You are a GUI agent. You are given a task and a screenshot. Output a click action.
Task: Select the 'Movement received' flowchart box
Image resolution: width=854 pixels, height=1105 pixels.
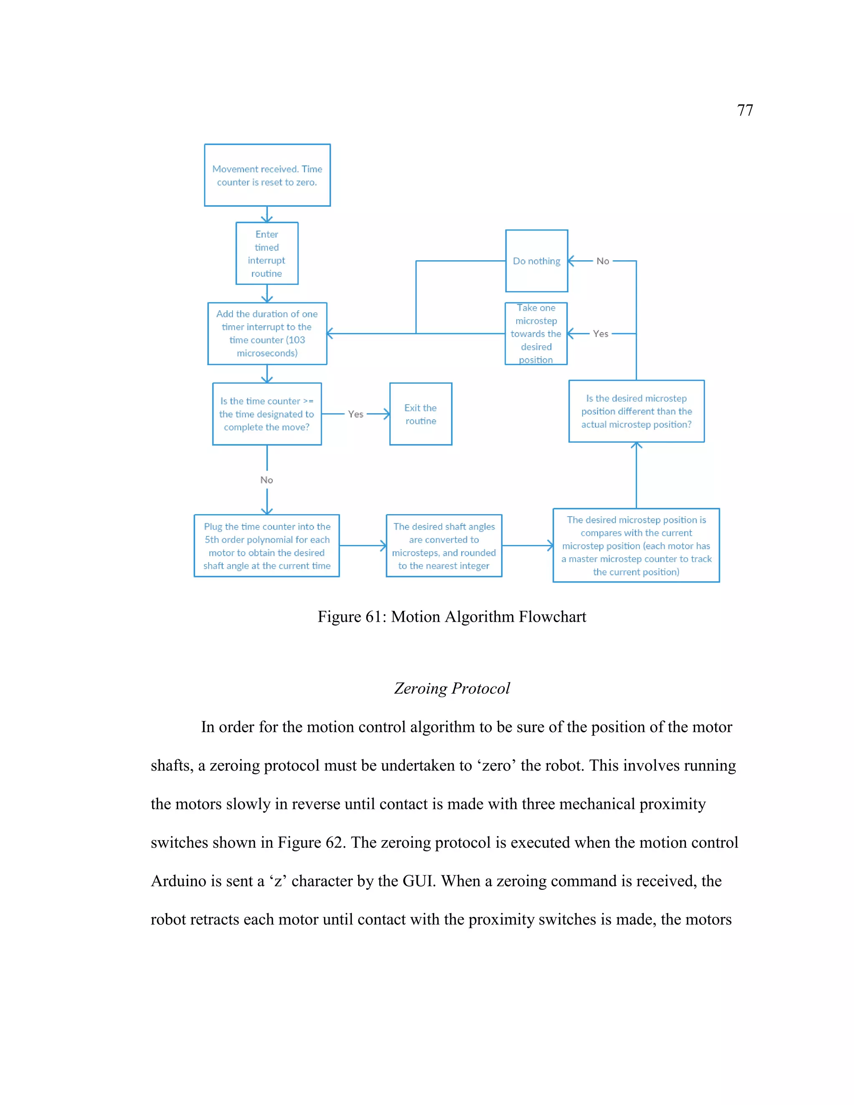coord(267,175)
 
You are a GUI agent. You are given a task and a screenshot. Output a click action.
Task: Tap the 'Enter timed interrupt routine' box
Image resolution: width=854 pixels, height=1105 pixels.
coord(266,254)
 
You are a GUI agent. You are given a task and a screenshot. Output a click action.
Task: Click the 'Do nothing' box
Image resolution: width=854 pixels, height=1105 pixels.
coord(536,261)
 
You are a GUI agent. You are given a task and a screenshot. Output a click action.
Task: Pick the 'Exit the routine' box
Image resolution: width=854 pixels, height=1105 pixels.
coord(420,414)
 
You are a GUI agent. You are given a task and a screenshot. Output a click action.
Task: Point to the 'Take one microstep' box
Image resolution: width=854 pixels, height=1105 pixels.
coord(536,334)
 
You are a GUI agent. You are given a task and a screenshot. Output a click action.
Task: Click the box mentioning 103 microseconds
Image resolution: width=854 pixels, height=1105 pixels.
coord(267,334)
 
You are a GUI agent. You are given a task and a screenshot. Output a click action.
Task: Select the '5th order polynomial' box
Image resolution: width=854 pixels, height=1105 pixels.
coord(266,546)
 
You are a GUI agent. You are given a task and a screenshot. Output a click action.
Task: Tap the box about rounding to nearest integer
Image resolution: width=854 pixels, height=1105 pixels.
coord(444,546)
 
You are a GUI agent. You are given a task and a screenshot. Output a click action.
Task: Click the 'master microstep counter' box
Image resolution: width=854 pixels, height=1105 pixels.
coord(636,545)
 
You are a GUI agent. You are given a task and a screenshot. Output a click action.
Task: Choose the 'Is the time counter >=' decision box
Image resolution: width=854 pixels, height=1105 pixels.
coord(266,414)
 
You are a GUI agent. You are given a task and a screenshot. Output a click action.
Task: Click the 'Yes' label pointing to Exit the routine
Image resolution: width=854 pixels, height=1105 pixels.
coord(356,414)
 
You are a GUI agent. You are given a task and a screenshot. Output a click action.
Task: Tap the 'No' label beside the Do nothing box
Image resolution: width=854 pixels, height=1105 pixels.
coord(603,261)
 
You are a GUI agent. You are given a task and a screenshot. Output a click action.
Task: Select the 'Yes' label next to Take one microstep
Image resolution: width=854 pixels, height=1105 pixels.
coord(600,334)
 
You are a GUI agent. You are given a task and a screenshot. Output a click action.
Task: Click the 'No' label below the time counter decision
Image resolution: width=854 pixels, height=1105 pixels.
coord(266,480)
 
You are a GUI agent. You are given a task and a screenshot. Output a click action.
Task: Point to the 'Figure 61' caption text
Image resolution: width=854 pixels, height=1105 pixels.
coord(451,617)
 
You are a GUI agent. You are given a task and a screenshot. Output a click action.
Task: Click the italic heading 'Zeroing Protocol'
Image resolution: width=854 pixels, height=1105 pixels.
coord(452,688)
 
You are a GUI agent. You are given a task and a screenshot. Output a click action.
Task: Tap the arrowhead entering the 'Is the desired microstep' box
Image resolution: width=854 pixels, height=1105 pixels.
coord(636,445)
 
